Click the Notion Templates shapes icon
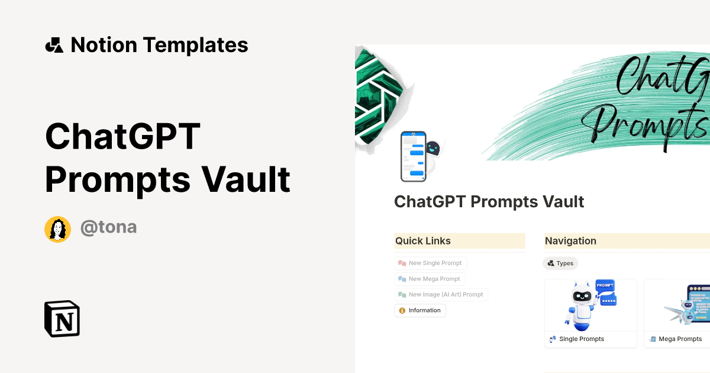point(54,45)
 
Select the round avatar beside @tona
point(57,229)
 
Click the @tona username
point(108,227)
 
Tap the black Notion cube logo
point(62,319)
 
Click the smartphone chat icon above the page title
point(413,156)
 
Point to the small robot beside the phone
point(434,151)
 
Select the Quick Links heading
point(423,241)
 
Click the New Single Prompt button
point(431,263)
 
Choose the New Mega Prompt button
point(430,279)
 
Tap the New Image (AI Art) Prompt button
point(441,294)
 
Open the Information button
point(420,310)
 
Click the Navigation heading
point(570,241)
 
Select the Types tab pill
point(560,263)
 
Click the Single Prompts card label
point(581,339)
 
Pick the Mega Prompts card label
point(680,339)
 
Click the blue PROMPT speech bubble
point(605,286)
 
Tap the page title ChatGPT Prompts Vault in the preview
point(489,202)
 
